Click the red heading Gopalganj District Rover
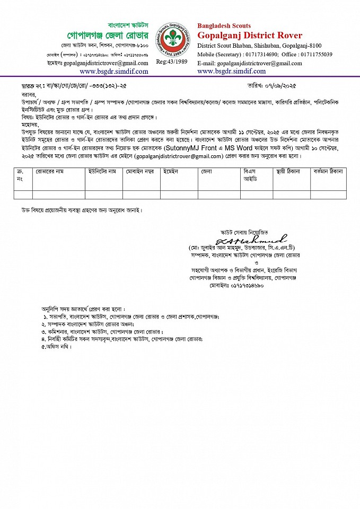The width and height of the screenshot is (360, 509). coord(250,36)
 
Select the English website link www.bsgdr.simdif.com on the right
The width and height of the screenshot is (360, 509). coord(232,71)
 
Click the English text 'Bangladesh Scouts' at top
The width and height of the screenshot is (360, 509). coord(224,25)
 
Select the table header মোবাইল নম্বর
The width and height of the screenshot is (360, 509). coord(142,172)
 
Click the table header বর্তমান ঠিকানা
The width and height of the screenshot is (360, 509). coord(328,172)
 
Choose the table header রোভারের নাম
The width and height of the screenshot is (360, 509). coord(50,172)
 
